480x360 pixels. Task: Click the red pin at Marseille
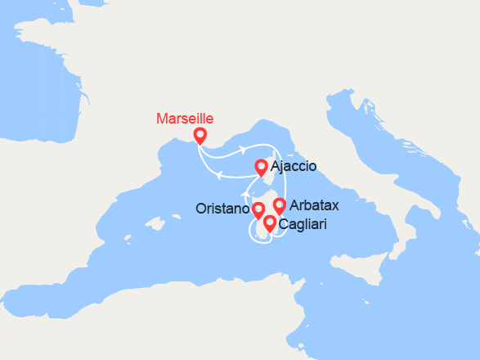pos(200,136)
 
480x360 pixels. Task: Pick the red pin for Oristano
pos(258,210)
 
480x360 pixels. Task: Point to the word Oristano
pos(222,209)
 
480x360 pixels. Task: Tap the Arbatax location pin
pos(279,205)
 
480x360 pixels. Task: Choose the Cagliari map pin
pos(269,223)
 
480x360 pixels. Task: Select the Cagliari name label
pos(304,223)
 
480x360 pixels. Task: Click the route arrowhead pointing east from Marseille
pos(243,150)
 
